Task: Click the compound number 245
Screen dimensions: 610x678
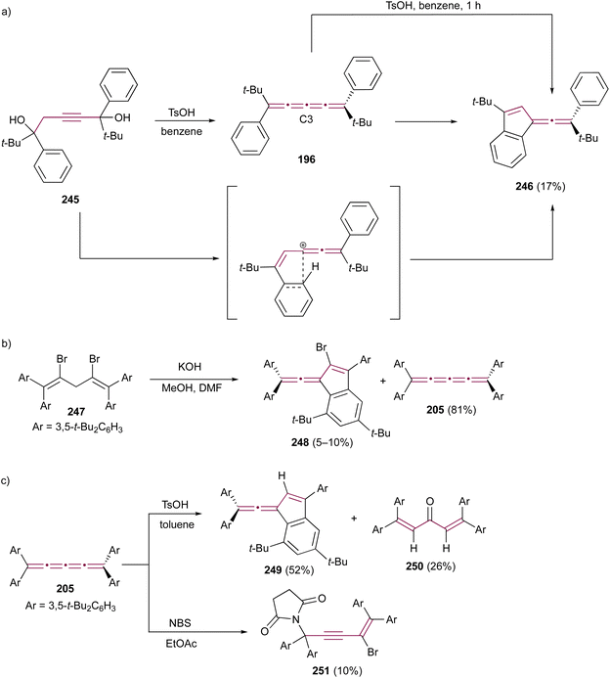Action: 70,199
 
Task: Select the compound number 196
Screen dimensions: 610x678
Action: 306,159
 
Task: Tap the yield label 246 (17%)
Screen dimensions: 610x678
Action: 540,186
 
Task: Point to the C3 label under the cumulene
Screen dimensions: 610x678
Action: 306,119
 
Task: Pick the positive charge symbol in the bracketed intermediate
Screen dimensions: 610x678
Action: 303,246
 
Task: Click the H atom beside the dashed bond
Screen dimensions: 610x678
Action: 316,266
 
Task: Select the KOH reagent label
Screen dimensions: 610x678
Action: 190,367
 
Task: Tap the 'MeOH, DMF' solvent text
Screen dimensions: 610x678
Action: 192,387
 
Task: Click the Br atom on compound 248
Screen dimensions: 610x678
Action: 322,347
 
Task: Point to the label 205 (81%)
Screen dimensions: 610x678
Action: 451,409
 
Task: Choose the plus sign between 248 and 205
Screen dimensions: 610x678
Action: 383,382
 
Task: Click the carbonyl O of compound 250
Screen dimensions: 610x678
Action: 429,501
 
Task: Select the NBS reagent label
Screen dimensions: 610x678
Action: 180,623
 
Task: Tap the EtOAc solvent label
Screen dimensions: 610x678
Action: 181,644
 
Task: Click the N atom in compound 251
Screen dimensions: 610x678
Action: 295,619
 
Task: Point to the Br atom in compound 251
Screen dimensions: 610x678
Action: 372,652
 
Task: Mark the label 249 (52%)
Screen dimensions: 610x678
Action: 289,570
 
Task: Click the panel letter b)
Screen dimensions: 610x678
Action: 7,344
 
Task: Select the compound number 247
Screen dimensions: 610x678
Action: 75,411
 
